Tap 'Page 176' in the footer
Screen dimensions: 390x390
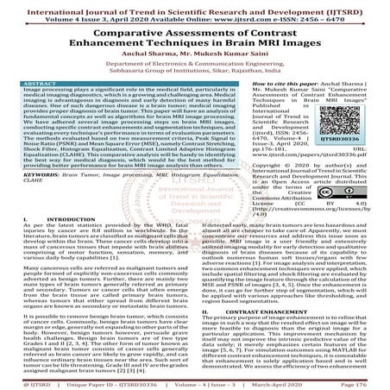(367, 378)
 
